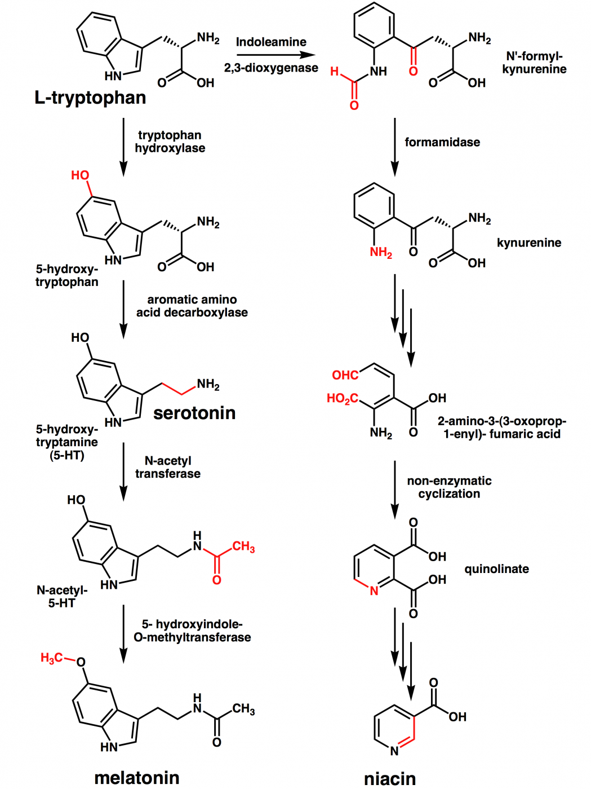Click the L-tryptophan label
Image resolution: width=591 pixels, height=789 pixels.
pos(90,98)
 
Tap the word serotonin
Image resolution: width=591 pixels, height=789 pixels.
pos(194,413)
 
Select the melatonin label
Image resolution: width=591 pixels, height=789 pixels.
pos(137,778)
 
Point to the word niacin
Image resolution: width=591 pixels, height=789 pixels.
pos(390,779)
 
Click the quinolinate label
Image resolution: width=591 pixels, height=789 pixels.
pos(496,569)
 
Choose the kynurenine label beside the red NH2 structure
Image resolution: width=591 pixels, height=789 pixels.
pos(528,243)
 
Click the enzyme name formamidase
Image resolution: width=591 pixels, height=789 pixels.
pos(442,142)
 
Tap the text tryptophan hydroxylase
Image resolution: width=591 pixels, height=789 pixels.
pos(170,142)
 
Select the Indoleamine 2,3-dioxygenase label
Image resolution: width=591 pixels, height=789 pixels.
pos(271,55)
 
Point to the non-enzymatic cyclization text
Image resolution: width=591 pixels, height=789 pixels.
pos(449,487)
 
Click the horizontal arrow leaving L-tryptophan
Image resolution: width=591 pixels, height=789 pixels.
pos(275,55)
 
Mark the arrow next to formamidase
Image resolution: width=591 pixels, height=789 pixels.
pos(395,147)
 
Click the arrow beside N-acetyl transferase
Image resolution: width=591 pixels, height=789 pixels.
pos(123,471)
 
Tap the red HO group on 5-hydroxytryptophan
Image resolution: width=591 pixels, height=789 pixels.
pos(80,175)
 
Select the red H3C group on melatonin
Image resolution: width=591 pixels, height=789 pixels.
pos(52,658)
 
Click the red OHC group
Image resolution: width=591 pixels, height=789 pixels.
pos(345,376)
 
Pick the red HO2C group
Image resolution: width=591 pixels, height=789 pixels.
pos(343,399)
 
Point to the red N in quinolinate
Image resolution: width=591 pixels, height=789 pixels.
pos(374,591)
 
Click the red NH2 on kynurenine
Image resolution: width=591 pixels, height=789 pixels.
pos(381,253)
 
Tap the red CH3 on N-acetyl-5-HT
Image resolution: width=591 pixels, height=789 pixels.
pos(243,546)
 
